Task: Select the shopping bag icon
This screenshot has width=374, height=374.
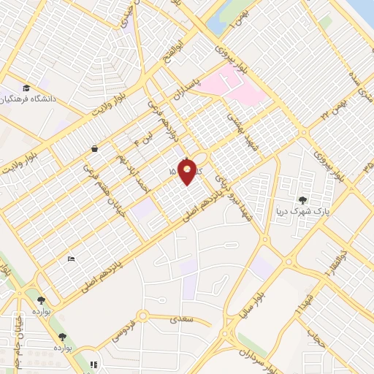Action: point(95,148)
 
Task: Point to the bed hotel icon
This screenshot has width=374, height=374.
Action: point(71,259)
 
